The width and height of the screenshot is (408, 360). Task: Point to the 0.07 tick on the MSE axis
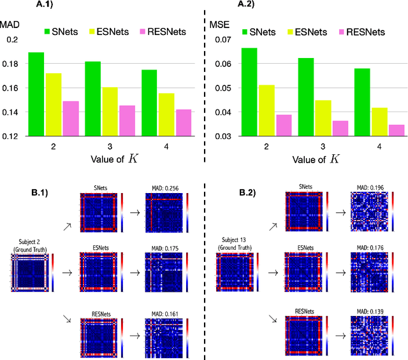click(x=221, y=40)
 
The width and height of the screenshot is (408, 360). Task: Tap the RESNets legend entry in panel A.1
click(x=164, y=31)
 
